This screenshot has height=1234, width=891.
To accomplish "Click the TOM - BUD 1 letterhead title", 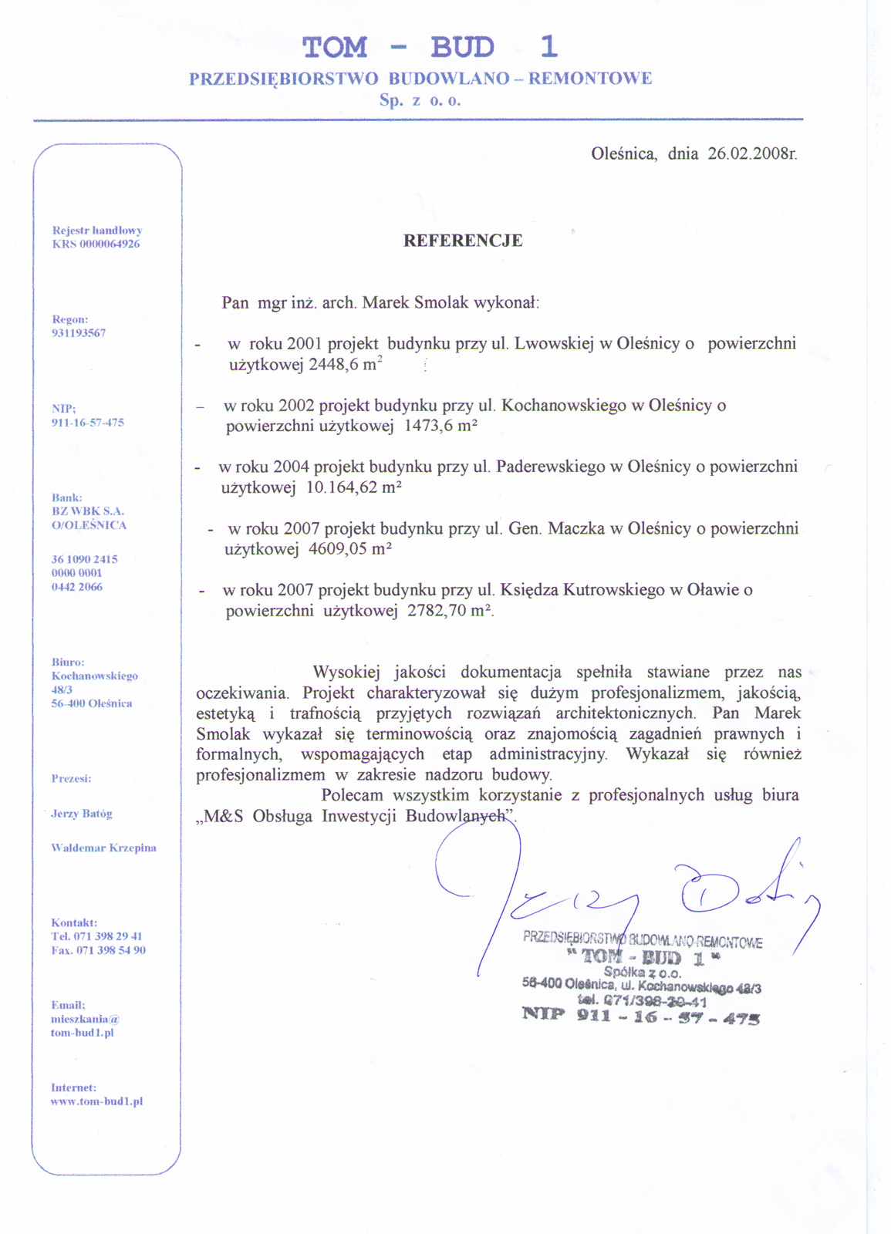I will (x=430, y=48).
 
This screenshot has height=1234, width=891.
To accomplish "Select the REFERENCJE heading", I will (x=463, y=241).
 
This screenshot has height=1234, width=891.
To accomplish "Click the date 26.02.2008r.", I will (x=752, y=153).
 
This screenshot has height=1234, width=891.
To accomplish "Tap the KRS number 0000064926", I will (x=110, y=244).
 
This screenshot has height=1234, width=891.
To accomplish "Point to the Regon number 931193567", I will (x=79, y=333).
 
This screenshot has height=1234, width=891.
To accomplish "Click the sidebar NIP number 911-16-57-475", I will (x=88, y=423).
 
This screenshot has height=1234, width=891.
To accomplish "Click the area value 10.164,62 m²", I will (x=354, y=487).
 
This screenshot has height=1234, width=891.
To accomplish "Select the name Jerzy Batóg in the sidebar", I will (x=82, y=814).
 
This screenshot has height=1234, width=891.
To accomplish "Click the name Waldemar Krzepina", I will (x=103, y=848).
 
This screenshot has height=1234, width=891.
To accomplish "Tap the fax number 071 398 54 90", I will (x=111, y=951).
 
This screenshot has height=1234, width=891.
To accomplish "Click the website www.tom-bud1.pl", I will (x=97, y=1102).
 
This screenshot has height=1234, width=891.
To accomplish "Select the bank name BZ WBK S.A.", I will (x=88, y=511).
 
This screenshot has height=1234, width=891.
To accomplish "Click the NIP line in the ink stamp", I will (x=641, y=1017).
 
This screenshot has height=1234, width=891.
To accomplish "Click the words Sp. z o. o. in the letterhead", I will (x=420, y=100).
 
